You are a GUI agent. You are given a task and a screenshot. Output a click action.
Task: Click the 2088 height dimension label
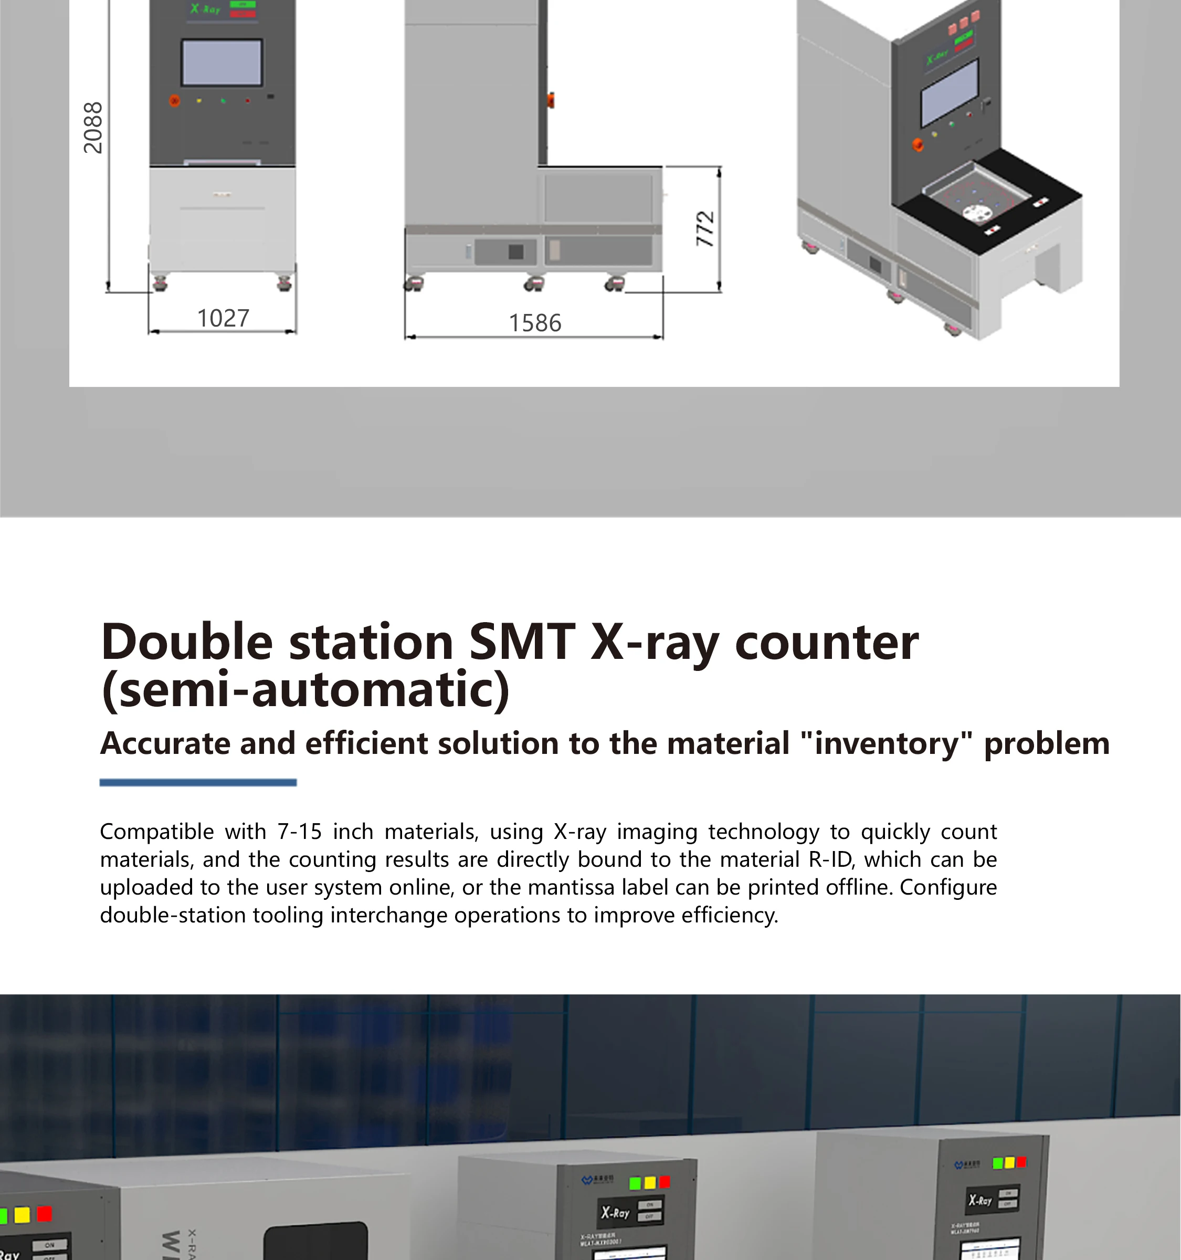(x=93, y=128)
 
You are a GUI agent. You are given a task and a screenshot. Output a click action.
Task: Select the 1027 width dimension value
(x=223, y=318)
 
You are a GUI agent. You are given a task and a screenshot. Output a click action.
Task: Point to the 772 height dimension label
(x=705, y=229)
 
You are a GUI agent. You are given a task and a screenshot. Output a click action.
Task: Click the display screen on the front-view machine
(x=222, y=62)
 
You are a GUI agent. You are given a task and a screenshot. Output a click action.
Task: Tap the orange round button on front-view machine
(x=174, y=100)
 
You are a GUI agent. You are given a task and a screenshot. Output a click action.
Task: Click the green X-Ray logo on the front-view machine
(x=205, y=9)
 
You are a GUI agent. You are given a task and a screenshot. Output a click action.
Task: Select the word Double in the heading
(x=187, y=642)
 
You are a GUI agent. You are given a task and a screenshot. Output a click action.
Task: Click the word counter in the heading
(x=826, y=642)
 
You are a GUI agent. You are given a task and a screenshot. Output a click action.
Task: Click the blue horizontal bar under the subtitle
(x=198, y=783)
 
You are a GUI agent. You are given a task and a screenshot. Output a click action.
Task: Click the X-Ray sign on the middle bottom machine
(x=615, y=1212)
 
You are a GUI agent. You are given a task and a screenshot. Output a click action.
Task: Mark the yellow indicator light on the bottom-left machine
(x=22, y=1215)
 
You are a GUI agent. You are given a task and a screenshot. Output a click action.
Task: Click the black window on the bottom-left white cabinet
(x=315, y=1242)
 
